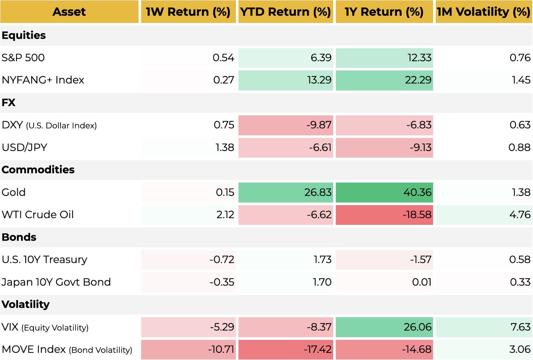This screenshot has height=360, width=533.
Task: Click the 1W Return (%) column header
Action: [x=188, y=12]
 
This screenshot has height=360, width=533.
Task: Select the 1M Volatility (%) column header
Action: [x=484, y=12]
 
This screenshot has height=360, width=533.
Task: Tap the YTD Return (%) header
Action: [x=286, y=12]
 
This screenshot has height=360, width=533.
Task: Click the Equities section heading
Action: [x=23, y=35]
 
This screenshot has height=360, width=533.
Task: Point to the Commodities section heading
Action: [x=38, y=170]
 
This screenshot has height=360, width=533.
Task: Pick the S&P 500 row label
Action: [x=23, y=58]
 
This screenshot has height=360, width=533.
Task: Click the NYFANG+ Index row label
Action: [x=43, y=80]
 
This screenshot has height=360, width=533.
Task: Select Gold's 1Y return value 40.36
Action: [x=417, y=192]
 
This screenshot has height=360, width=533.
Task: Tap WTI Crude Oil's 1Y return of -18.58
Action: [x=417, y=215]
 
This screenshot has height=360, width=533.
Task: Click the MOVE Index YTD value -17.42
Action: [x=318, y=349]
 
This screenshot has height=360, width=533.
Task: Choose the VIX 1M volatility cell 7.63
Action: [x=520, y=327]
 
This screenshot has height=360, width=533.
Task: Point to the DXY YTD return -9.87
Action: [x=319, y=125]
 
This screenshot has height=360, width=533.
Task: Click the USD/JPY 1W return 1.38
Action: [x=225, y=148]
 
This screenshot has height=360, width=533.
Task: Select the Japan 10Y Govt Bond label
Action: [x=56, y=282]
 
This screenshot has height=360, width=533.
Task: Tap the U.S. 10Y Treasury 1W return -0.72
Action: [x=222, y=260]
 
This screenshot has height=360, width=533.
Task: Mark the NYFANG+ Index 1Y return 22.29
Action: [x=418, y=80]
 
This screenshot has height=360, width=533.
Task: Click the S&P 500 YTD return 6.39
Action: [x=321, y=58]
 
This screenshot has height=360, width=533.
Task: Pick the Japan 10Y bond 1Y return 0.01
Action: [x=422, y=282]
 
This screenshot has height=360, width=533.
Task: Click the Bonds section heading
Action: [x=19, y=237]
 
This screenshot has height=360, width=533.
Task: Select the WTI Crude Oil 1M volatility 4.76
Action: [x=520, y=215]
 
